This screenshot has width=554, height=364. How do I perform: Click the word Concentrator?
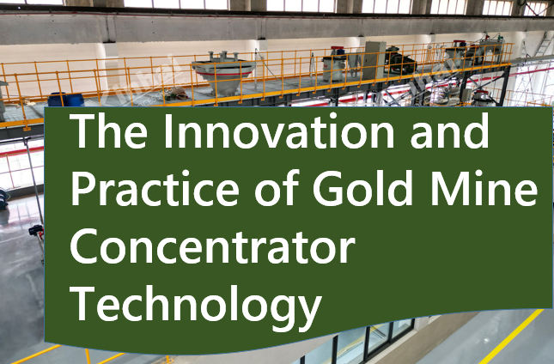click(212, 246)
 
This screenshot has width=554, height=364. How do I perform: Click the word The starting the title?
click(108, 131)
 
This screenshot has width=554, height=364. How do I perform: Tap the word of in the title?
click(277, 188)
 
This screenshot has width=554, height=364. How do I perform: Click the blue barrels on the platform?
click(66, 100)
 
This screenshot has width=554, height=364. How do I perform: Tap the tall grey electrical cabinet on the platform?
click(374, 60)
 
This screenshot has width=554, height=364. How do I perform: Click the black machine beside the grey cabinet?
click(400, 61)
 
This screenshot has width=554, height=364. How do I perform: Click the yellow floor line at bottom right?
click(511, 337)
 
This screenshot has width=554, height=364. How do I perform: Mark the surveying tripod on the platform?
click(313, 68)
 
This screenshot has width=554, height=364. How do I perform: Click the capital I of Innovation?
click(167, 131)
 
